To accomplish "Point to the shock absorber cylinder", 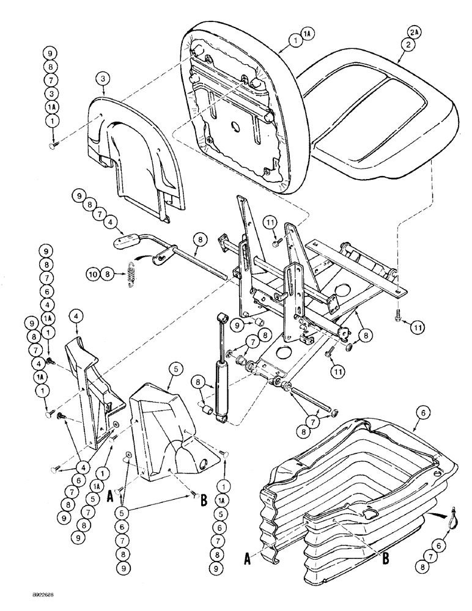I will tap(219, 385).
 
